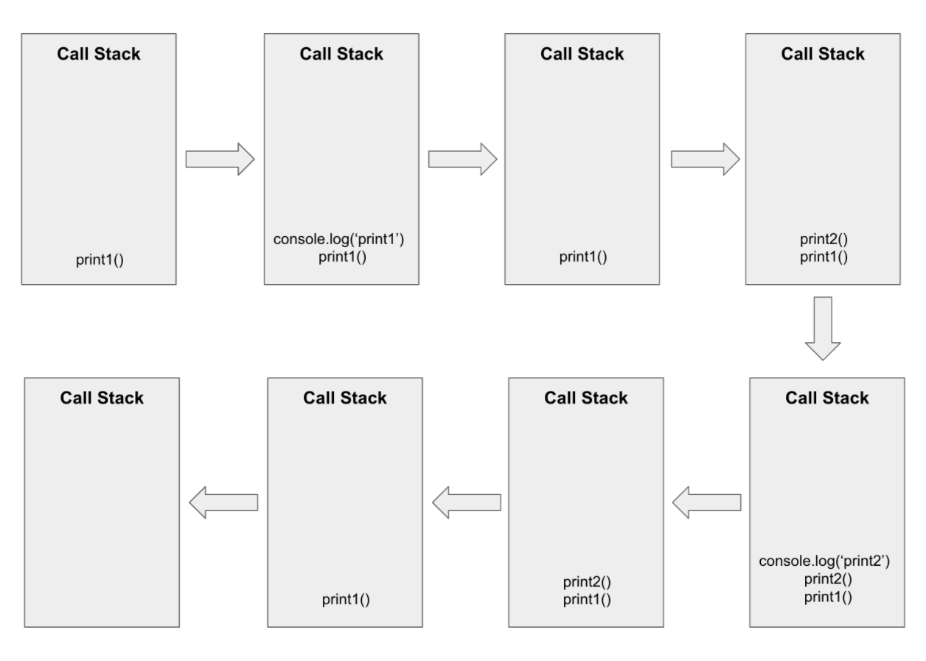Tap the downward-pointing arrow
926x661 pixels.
826,328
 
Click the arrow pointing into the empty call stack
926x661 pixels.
223,503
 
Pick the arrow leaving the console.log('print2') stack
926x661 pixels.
707,503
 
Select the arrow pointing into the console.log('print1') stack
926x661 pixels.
220,159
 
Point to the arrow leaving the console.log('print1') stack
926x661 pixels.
462,159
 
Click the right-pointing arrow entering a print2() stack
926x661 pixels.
706,159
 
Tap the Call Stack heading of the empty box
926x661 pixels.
102,398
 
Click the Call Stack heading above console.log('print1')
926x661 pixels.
341,54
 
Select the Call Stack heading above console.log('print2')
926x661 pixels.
826,398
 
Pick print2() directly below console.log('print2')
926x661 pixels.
826,579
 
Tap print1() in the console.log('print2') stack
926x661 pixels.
826,596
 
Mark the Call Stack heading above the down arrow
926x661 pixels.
823,54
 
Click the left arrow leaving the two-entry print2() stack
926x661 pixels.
466,503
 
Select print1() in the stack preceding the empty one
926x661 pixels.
345,599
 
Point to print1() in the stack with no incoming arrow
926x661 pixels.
99,260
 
